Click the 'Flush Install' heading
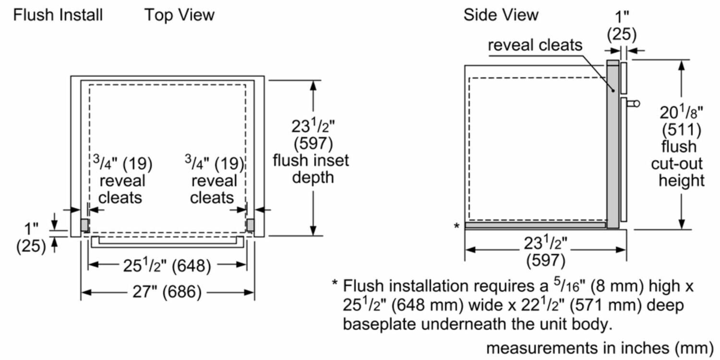point(58,15)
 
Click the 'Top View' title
point(180,15)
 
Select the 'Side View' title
point(501,15)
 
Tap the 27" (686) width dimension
point(167,292)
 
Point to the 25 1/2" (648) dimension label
point(167,265)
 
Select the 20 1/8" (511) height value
point(681,121)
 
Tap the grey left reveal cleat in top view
point(84,225)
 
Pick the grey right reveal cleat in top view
point(250,225)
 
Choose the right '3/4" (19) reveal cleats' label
point(213,180)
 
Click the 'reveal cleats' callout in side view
point(535,46)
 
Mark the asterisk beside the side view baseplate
point(456,226)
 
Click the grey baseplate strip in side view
point(535,224)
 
